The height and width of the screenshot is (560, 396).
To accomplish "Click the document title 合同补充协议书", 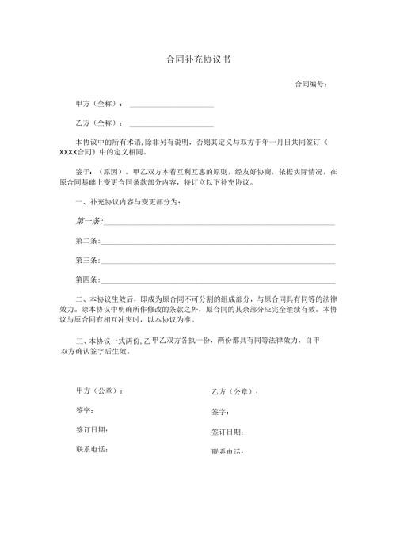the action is pyautogui.click(x=198, y=59).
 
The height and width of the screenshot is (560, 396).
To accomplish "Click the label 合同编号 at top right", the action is pyautogui.click(x=310, y=83).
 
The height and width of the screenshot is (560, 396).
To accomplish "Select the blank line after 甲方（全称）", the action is pyautogui.click(x=171, y=105).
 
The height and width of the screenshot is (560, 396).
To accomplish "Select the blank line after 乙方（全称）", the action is pyautogui.click(x=171, y=125).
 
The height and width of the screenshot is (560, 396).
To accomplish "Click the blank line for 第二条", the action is pyautogui.click(x=218, y=242).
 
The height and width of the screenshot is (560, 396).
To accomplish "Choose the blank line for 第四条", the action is pyautogui.click(x=218, y=282).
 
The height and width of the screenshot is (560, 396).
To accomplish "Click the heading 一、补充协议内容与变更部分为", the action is pyautogui.click(x=127, y=202).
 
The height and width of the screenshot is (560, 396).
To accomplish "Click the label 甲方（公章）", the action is pyautogui.click(x=99, y=391).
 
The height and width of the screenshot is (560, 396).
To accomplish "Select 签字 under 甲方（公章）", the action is pyautogui.click(x=85, y=410).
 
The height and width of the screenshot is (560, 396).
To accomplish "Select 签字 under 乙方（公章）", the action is pyautogui.click(x=221, y=412).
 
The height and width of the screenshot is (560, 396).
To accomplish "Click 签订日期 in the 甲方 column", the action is pyautogui.click(x=92, y=430).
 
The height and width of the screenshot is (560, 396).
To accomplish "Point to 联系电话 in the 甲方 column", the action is pyautogui.click(x=92, y=449).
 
